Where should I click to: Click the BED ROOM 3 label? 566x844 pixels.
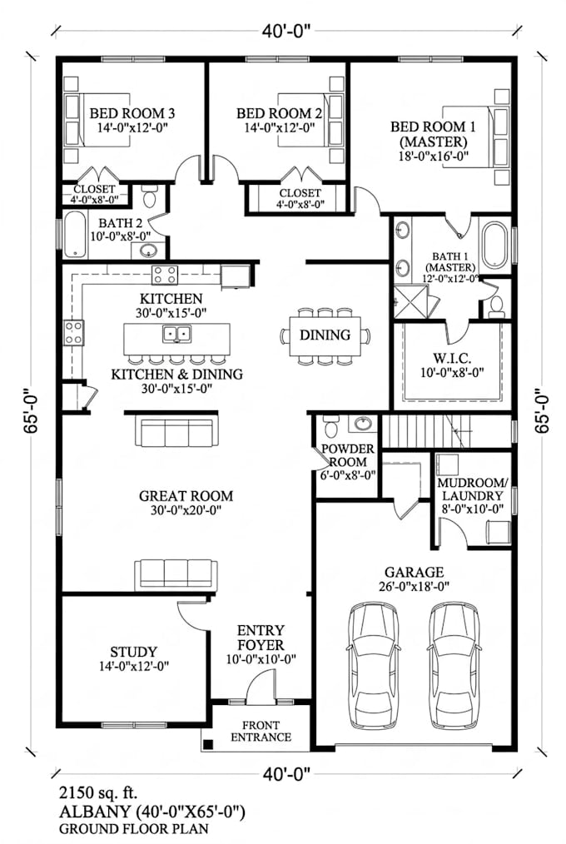pyautogui.click(x=132, y=113)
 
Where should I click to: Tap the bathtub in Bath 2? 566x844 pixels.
pyautogui.click(x=75, y=235)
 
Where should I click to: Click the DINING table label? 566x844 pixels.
pyautogui.click(x=325, y=335)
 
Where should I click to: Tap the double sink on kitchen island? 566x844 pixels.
pyautogui.click(x=177, y=334)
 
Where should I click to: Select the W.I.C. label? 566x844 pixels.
pyautogui.click(x=452, y=358)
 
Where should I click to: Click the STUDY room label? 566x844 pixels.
pyautogui.click(x=133, y=653)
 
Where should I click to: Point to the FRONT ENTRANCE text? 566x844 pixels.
pyautogui.click(x=261, y=732)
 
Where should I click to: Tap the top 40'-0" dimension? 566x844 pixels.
pyautogui.click(x=287, y=32)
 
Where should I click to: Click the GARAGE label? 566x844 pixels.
pyautogui.click(x=414, y=572)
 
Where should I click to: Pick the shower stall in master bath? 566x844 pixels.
pyautogui.click(x=411, y=302)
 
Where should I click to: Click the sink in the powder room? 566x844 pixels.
pyautogui.click(x=365, y=424)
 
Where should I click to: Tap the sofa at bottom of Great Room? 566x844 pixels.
pyautogui.click(x=176, y=574)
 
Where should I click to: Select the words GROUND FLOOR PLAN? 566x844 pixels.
pyautogui.click(x=133, y=829)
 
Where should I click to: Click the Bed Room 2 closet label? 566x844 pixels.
pyautogui.click(x=300, y=198)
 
